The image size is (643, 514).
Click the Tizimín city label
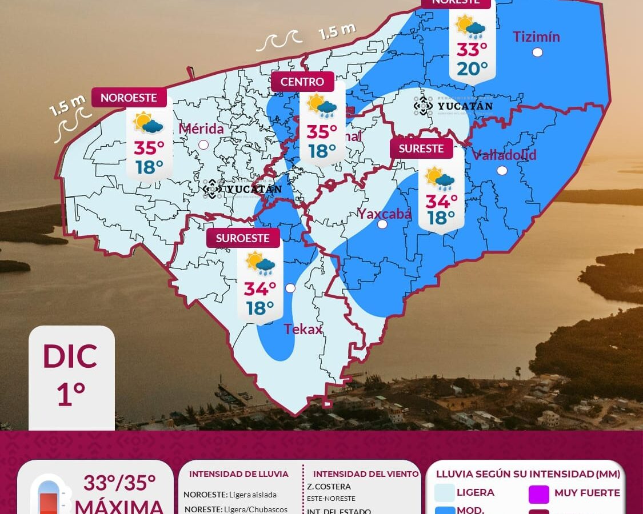pos(536,37)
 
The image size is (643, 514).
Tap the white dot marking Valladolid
pos(502,170)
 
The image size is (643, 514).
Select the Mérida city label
pos(201,129)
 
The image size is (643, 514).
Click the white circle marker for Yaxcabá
pos(382,224)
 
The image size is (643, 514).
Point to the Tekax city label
pos(303,330)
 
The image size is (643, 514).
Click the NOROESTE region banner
pos(129,98)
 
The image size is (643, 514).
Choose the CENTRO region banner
pos(302,82)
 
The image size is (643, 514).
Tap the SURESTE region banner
pos(421,148)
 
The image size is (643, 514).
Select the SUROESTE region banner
pos(243,238)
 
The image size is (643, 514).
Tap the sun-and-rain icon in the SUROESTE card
pos(261,263)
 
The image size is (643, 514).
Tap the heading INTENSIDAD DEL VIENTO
pos(366,474)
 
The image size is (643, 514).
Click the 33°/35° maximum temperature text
pos(119,483)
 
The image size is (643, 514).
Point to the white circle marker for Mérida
pos(203,145)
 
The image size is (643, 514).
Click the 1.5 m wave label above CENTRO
pos(337,31)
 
